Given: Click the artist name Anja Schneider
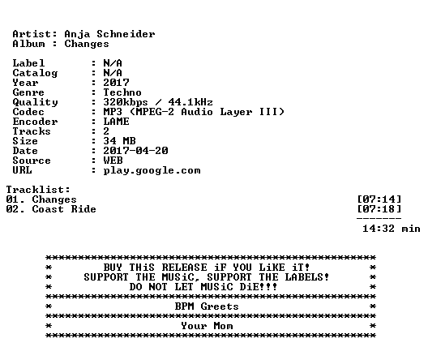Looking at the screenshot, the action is pos(109,34).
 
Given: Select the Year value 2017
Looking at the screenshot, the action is pos(116,83).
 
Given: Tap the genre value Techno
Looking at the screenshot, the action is pos(122,92).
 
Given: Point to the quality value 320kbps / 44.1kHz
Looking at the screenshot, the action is pos(158,102).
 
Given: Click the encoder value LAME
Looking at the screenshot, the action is pos(116,122).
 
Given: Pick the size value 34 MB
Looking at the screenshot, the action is pos(119,141).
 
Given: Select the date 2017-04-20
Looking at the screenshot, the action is pos(135,151).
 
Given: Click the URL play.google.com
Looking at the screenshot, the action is pos(152,170).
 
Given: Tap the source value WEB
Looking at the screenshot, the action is pos(113,161).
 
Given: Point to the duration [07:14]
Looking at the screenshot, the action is pos(379,199).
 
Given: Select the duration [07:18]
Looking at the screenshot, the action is pos(379,209).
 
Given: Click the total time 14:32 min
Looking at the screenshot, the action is pos(392,229).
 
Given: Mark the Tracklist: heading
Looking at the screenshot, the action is pos(38,190).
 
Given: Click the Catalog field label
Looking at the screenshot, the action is pos(35,73).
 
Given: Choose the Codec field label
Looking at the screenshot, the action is pos(28,112).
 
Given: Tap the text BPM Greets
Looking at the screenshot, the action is pos(207,306).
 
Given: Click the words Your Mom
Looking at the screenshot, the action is pos(207,326).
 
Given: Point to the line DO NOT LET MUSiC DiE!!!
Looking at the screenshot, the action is pos(203,287).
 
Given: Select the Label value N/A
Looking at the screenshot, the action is pos(113,63).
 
